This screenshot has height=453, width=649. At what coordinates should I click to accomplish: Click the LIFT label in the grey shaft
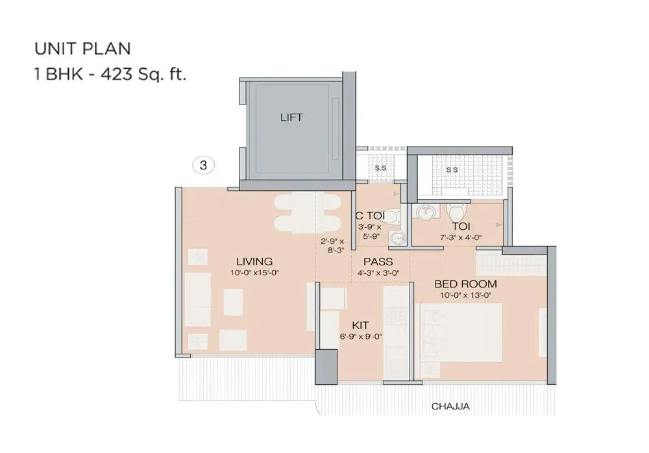291,117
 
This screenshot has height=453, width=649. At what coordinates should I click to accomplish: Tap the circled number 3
203,165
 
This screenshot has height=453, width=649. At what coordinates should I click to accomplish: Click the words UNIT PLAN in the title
82,49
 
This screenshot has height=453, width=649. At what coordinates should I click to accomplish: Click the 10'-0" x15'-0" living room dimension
254,273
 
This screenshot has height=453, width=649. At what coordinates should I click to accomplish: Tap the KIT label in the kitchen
360,325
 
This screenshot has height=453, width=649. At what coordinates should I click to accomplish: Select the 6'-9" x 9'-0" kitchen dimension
360,337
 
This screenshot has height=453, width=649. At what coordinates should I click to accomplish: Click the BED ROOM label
465,284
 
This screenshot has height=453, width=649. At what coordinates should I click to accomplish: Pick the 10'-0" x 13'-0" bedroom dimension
465,295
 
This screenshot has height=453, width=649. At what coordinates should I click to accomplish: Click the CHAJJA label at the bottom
450,407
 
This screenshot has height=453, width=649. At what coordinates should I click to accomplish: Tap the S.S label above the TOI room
452,169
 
